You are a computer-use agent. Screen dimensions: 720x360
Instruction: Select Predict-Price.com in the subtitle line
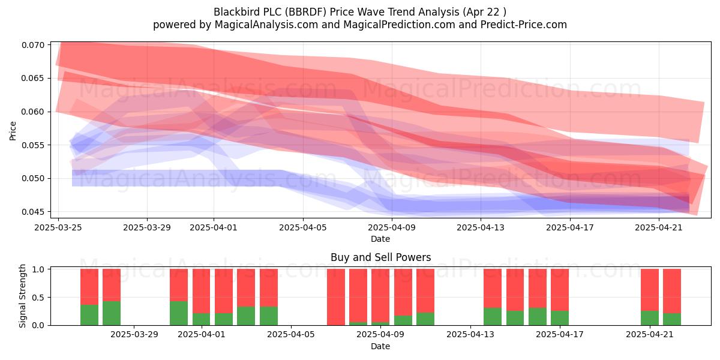pos(524,25)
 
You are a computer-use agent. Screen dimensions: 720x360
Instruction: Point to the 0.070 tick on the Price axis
pos(33,45)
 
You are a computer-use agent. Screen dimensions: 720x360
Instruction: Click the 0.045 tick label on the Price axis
pos(33,212)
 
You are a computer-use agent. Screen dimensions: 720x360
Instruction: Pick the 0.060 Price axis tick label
pos(33,112)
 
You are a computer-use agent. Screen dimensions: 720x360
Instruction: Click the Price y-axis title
pos(13,131)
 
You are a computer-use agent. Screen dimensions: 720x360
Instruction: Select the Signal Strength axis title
pos(22,296)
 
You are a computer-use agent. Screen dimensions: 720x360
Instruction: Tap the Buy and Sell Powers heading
pos(380,257)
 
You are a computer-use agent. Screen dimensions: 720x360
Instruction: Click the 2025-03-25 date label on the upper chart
pos(58,227)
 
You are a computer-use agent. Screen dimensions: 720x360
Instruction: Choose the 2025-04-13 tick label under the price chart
pos(481,227)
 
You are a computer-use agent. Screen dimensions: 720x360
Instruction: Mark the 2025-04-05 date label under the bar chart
pos(291,334)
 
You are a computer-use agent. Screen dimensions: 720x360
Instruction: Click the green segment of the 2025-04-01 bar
pos(201,319)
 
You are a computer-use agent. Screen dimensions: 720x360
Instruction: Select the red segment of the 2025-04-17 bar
pos(560,290)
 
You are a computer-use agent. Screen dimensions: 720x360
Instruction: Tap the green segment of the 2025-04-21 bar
pos(650,318)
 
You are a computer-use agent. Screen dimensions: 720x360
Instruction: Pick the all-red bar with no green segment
pos(336,297)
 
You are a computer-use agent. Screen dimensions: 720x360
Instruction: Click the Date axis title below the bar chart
pos(380,346)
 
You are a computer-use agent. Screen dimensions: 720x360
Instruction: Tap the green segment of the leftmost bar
pos(89,315)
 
